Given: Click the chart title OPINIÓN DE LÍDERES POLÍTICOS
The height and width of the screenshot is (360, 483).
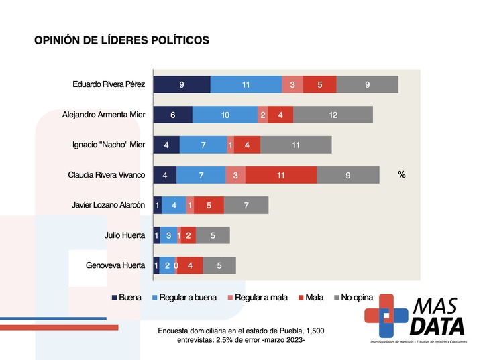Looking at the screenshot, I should tap(121, 40).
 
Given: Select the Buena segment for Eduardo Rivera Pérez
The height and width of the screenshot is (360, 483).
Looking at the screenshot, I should tap(181, 84).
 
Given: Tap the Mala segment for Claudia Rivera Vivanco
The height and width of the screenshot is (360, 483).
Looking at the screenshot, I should tap(280, 175).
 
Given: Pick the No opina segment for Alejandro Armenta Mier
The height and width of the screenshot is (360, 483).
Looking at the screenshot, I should tap(333, 115).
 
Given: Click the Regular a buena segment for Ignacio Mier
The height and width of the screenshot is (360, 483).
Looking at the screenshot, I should tap(203, 145).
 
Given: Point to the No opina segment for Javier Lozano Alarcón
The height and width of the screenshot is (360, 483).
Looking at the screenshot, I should tap(246, 205).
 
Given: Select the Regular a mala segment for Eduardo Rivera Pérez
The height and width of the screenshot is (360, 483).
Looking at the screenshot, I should tap(292, 84).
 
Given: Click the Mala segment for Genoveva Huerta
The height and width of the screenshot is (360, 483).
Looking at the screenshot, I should tap(190, 265).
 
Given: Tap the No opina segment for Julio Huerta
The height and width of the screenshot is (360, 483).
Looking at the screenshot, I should tap(213, 235).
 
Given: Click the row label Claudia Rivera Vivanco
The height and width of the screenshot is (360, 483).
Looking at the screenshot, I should tap(107, 175).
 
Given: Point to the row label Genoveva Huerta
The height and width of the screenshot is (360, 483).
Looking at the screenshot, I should tap(115, 265).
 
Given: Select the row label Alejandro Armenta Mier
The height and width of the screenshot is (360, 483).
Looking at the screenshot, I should tap(103, 115).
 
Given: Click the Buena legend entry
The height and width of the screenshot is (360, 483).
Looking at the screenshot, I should tap(125, 296).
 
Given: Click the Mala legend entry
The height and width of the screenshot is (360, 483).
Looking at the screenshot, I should tap(309, 296).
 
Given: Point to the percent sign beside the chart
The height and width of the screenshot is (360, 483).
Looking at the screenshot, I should tap(402, 175).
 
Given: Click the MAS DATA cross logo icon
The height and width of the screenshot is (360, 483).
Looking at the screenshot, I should tap(386, 315).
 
